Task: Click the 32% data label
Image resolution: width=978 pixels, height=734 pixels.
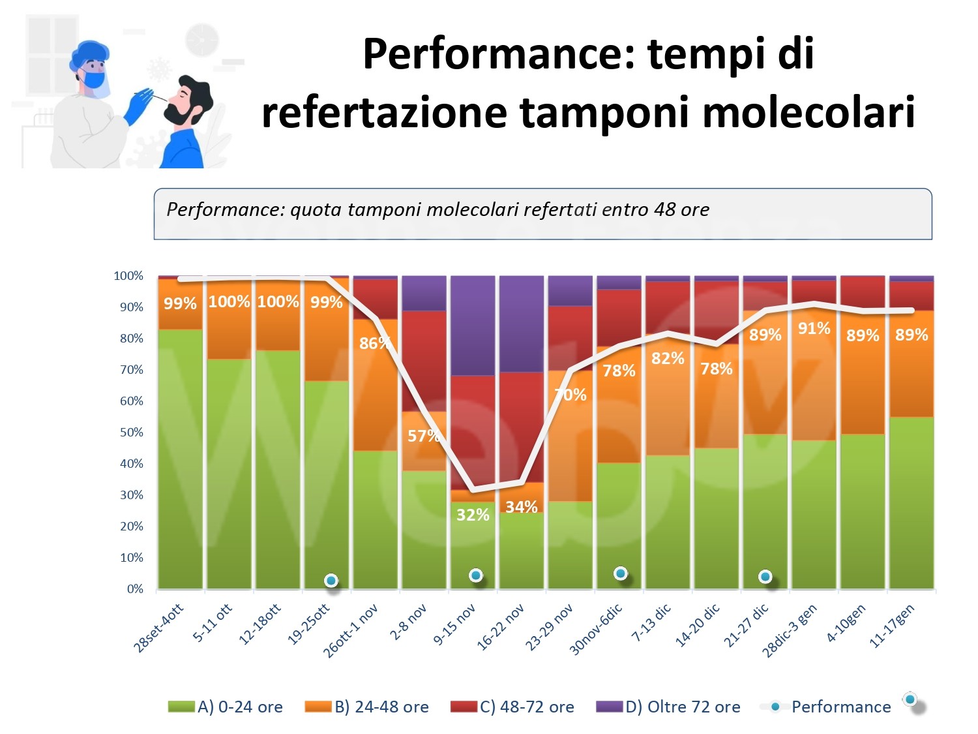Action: tap(473, 515)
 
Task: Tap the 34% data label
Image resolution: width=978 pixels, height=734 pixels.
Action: tap(522, 507)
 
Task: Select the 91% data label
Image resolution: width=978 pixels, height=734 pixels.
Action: tap(814, 328)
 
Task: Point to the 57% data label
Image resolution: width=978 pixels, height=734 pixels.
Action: tap(424, 436)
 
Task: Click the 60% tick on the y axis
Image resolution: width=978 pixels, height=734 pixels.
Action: tap(131, 401)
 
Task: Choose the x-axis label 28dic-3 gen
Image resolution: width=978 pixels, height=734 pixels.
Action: tap(789, 630)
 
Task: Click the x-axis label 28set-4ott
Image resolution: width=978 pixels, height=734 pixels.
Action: tap(158, 628)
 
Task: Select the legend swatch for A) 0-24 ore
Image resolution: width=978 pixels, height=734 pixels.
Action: tap(181, 707)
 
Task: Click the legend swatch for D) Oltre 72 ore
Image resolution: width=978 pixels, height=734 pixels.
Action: tap(610, 707)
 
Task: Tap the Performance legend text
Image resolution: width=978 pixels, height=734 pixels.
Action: tap(841, 707)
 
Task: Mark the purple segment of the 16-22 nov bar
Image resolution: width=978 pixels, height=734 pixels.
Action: tap(522, 323)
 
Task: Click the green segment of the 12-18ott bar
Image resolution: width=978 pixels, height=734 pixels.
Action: tap(278, 470)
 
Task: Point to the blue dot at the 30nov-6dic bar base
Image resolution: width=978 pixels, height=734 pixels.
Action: tap(621, 573)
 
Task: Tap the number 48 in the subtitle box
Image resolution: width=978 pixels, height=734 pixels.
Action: tap(664, 209)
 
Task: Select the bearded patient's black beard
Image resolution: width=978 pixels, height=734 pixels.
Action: tap(177, 115)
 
